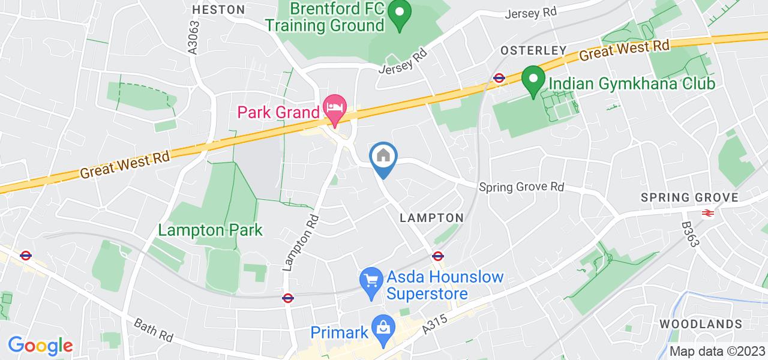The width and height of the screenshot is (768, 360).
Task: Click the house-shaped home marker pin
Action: click(383, 157)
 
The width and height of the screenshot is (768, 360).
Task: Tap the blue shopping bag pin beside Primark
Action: click(382, 328)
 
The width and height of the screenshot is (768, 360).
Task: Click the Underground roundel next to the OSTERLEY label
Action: click(498, 77)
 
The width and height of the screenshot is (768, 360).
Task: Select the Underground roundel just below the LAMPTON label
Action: click(437, 256)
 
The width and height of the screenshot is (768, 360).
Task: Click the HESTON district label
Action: click(219, 10)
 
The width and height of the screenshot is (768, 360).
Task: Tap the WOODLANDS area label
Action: click(700, 324)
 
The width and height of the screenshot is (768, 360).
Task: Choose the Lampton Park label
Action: click(211, 230)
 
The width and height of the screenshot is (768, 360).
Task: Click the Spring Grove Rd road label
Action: click(522, 187)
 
